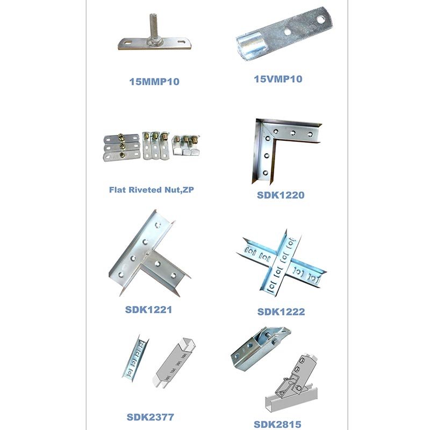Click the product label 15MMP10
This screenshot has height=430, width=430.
[x=154, y=82]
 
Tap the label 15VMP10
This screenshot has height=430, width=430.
[x=278, y=79]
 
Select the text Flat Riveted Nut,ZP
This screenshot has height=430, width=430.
[x=152, y=190]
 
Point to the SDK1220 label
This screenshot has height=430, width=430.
[x=281, y=195]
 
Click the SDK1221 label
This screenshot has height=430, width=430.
[x=149, y=310]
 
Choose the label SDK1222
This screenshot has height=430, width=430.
[x=281, y=312]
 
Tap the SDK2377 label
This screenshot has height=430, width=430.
[x=150, y=417]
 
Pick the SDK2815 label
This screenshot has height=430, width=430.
[x=277, y=425]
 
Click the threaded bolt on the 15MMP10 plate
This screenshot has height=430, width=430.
[x=154, y=26]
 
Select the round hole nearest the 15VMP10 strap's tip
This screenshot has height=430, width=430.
[x=320, y=19]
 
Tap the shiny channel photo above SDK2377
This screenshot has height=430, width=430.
[x=136, y=358]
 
